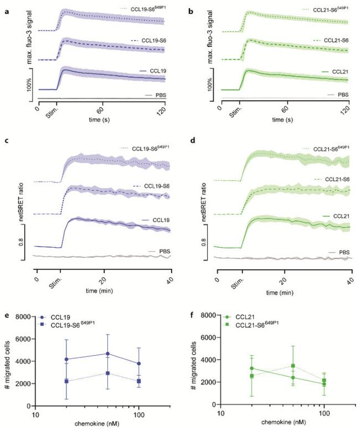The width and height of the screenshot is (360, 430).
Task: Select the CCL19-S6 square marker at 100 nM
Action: (x=138, y=381)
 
